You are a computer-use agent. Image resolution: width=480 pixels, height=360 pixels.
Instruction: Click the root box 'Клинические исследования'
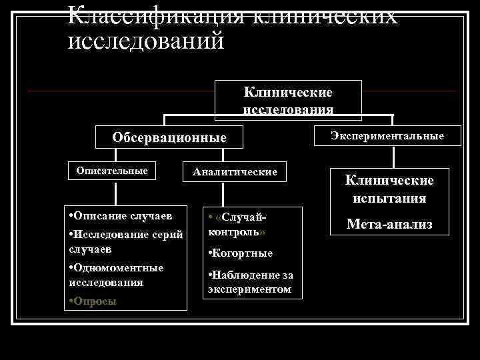[288, 100]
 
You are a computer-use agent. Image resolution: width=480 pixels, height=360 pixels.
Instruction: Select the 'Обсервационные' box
[169, 138]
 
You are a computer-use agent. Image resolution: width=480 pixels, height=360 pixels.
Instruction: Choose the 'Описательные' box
[112, 171]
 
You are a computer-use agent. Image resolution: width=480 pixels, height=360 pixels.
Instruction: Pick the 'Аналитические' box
[235, 172]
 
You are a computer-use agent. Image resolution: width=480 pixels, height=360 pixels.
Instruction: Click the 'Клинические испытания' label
[389, 189]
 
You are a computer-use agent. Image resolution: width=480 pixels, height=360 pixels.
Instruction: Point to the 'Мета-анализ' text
[389, 225]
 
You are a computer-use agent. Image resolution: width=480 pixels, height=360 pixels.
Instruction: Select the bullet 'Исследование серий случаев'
[125, 241]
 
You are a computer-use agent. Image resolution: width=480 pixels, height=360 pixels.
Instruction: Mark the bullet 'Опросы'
[95, 301]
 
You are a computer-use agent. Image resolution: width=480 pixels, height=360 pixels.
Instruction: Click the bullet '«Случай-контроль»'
[239, 225]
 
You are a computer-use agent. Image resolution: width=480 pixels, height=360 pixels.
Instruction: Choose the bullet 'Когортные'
[242, 253]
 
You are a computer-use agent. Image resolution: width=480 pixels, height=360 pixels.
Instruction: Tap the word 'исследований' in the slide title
[146, 41]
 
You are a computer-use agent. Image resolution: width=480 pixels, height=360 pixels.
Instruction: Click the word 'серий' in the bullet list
[167, 235]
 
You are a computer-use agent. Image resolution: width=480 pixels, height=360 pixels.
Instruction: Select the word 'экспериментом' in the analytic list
[250, 289]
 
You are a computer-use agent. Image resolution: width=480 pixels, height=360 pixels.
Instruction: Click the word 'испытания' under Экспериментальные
[389, 198]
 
